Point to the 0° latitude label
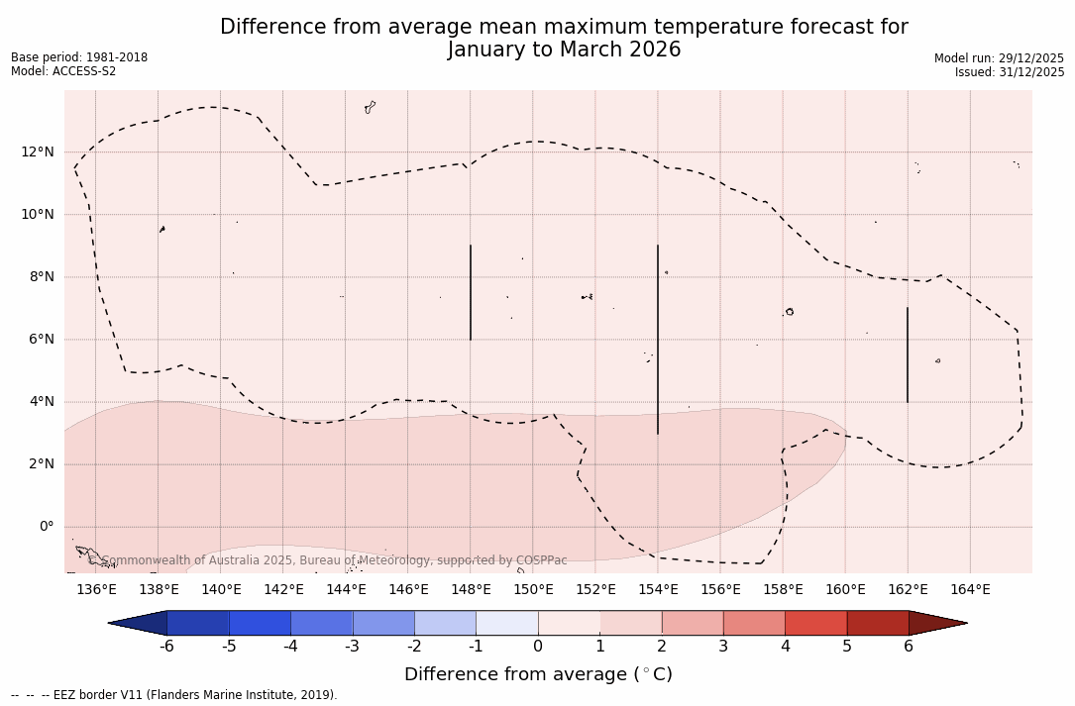pyautogui.click(x=46, y=527)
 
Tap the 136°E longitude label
pyautogui.click(x=96, y=590)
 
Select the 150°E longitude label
pyautogui.click(x=533, y=590)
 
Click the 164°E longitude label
pyautogui.click(x=970, y=590)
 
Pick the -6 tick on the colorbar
pyautogui.click(x=167, y=647)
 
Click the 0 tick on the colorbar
pyautogui.click(x=538, y=647)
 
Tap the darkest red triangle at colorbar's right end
pyautogui.click(x=935, y=623)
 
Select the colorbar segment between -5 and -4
pyautogui.click(x=260, y=623)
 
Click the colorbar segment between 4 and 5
pyautogui.click(x=815, y=623)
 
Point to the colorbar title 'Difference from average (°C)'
pyautogui.click(x=538, y=674)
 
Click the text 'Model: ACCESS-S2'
pyautogui.click(x=63, y=71)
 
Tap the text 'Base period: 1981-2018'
pyautogui.click(x=79, y=57)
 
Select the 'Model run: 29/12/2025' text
pyautogui.click(x=999, y=58)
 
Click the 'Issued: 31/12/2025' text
pyautogui.click(x=1010, y=72)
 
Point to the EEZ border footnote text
pyautogui.click(x=174, y=695)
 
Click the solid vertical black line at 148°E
pyautogui.click(x=471, y=292)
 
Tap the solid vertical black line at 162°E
pyautogui.click(x=908, y=354)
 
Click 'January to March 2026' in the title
pyautogui.click(x=564, y=50)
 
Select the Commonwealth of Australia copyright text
pyautogui.click(x=335, y=560)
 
